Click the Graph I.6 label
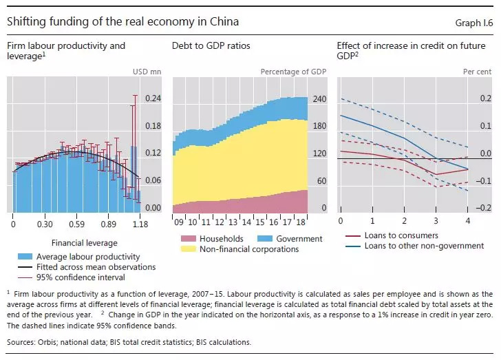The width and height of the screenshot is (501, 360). point(474,23)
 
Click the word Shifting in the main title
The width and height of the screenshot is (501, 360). point(25,21)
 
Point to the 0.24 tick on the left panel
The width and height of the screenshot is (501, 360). point(152,98)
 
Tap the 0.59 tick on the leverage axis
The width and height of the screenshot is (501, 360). point(76,224)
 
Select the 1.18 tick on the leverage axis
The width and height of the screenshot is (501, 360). point(140,224)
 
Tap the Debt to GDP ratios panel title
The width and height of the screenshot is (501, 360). point(211,46)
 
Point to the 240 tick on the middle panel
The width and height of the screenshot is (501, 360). point(319,98)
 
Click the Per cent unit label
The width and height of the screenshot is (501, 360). point(477,72)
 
